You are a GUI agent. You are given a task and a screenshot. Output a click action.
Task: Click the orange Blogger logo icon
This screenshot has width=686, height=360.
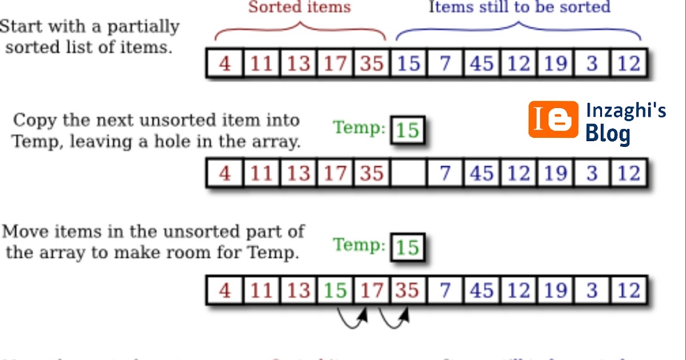coord(553,119)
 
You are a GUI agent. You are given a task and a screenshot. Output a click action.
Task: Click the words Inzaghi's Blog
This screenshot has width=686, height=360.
coord(625,122)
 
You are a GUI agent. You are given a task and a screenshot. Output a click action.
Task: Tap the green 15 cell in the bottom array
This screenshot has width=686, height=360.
coord(335,291)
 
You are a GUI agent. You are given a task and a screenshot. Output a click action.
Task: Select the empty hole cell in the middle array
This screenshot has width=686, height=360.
coord(408,174)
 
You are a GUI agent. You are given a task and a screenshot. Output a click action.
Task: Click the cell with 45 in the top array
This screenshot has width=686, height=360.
coord(481,63)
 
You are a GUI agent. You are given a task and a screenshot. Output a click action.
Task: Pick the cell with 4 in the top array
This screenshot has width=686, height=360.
coord(225,63)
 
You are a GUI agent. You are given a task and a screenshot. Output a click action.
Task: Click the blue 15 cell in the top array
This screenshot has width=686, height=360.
coord(408,63)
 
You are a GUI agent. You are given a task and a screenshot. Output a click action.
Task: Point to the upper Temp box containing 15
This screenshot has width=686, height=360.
coord(408,130)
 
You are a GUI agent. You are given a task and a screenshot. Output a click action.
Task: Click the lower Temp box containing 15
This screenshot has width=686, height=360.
coord(408,247)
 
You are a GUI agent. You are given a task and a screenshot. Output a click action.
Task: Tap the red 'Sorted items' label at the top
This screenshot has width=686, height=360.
coord(300,7)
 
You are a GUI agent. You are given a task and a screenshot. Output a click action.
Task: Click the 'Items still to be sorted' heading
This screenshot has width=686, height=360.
coord(520,7)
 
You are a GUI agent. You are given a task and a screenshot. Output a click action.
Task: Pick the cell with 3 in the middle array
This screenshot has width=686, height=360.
coord(592,174)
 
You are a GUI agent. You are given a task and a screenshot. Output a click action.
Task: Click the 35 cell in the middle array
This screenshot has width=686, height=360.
coord(372,174)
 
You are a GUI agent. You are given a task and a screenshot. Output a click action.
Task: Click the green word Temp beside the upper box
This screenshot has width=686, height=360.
coord(359,127)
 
